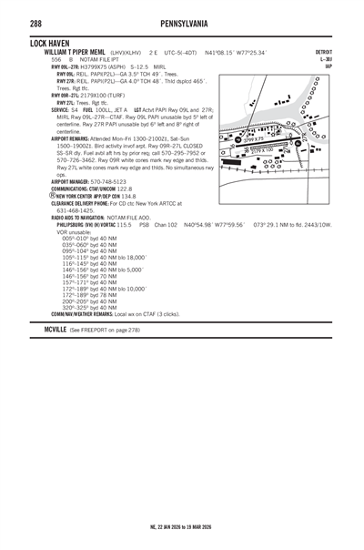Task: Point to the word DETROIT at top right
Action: [x=323, y=52]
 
